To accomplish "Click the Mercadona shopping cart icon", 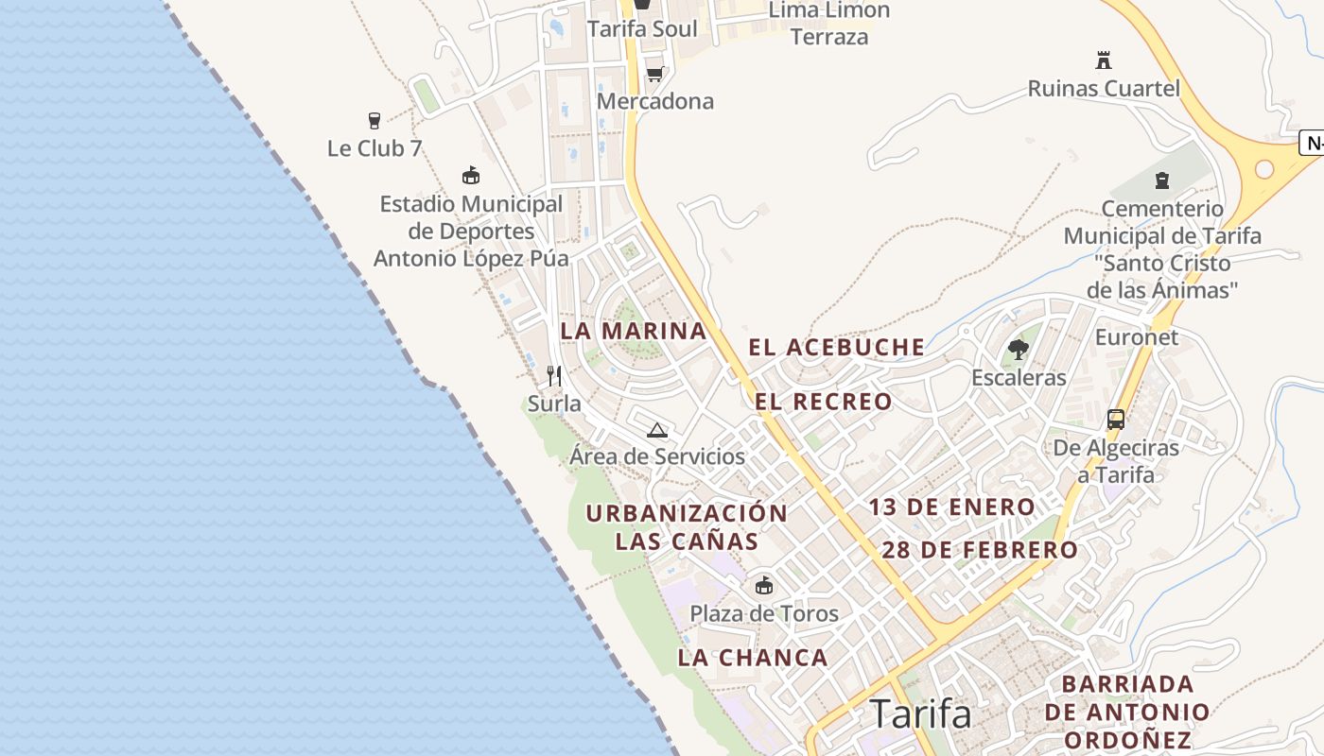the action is (x=653, y=74).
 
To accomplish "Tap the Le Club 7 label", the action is (x=375, y=148).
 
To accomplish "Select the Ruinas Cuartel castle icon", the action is (x=1103, y=60).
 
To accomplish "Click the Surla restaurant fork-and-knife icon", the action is (x=554, y=376).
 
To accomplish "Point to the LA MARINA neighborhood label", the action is (x=634, y=331).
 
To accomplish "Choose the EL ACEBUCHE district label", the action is (x=837, y=347).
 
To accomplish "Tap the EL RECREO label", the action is (x=824, y=402).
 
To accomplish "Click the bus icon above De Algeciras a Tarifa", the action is (x=1116, y=420).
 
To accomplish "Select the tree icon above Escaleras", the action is (x=1019, y=350).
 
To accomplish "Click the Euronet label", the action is (x=1137, y=337).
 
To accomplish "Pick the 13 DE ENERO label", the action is (x=952, y=507).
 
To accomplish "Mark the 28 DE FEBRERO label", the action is (x=980, y=550).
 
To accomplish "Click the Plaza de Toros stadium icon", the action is (x=764, y=586).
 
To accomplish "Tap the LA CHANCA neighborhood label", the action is (x=753, y=658).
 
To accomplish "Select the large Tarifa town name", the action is (x=920, y=713).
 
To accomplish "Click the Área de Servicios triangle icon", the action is (x=657, y=431).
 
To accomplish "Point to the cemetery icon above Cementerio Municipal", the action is (x=1162, y=180).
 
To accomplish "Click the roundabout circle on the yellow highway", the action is (x=1264, y=169).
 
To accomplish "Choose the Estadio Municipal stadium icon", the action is (x=471, y=176).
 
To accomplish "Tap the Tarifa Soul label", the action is (x=642, y=28).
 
